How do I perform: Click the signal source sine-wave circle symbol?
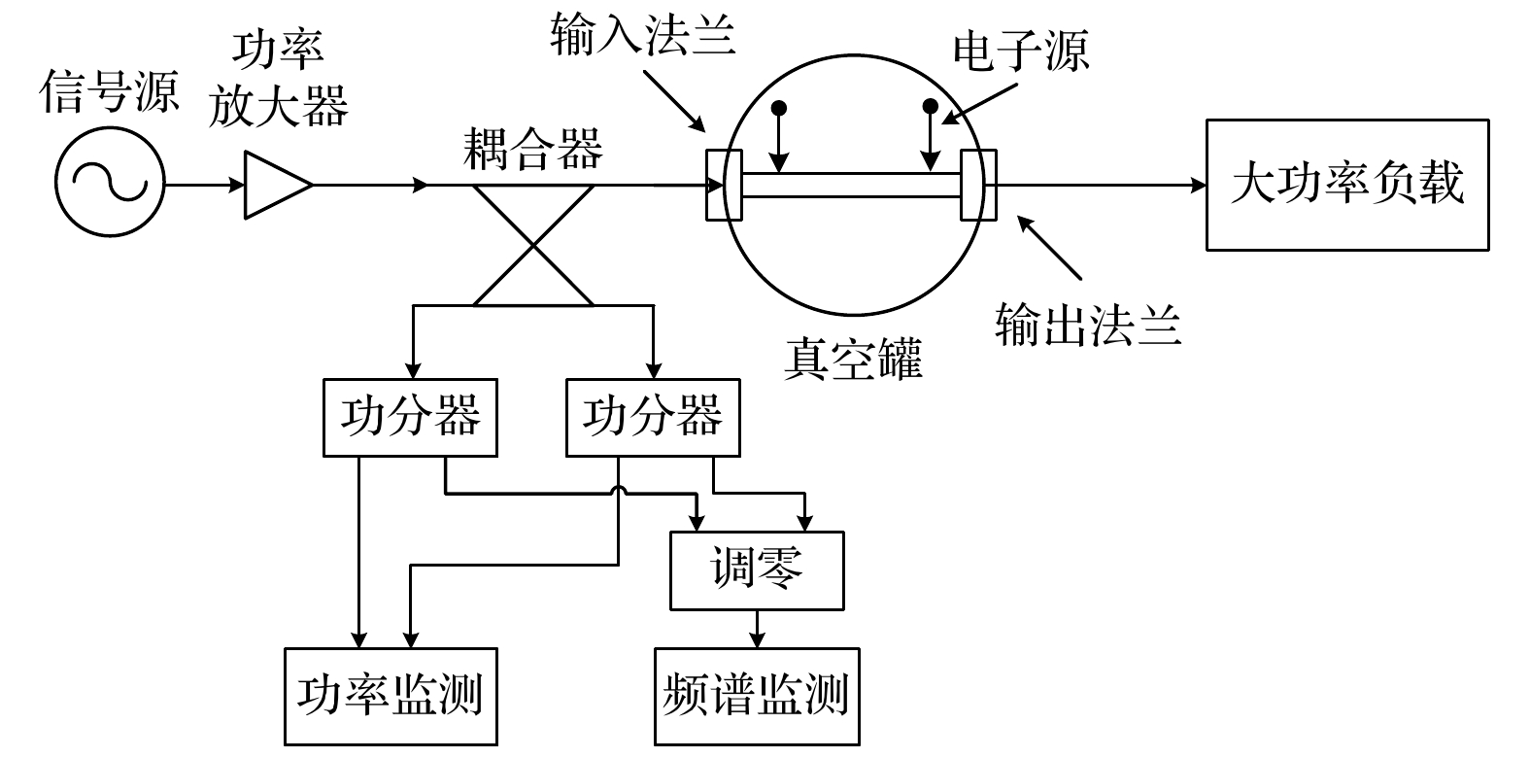[110, 184]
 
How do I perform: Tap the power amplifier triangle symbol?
[275, 184]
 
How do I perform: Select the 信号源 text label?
[110, 93]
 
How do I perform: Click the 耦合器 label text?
[533, 150]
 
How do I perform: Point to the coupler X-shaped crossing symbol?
[533, 244]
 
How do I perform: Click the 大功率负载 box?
[1346, 185]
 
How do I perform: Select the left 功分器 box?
[410, 418]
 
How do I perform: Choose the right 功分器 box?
[653, 418]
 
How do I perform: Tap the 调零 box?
[757, 570]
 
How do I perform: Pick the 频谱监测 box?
[757, 696]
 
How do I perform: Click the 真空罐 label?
[852, 359]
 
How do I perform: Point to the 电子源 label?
[1020, 52]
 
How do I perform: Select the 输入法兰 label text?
[642, 36]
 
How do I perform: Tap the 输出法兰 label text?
[1088, 326]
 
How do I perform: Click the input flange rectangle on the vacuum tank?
[724, 185]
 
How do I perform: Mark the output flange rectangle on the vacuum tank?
[978, 185]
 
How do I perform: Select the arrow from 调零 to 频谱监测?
[757, 629]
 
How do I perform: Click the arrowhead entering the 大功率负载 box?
[1199, 185]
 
